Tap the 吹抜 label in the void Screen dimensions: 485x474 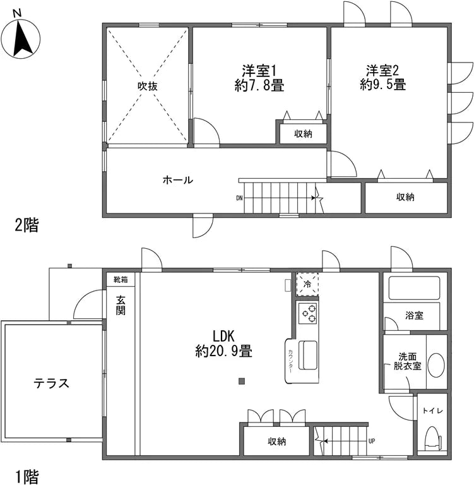coord(148,87)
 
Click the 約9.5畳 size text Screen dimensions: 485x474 coord(382,84)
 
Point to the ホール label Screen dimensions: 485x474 coord(177,180)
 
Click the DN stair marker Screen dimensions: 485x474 coord(240,198)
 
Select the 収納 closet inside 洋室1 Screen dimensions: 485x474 coord(303,133)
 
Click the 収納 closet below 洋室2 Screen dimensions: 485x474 coord(405,197)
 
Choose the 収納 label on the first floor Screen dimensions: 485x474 coord(276,441)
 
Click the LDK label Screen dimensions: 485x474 coord(223,334)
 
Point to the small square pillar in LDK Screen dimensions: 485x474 coord(241,381)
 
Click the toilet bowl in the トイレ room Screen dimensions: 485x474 coord(433,437)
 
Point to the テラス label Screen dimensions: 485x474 coord(51,383)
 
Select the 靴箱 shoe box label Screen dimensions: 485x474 coord(119,279)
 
